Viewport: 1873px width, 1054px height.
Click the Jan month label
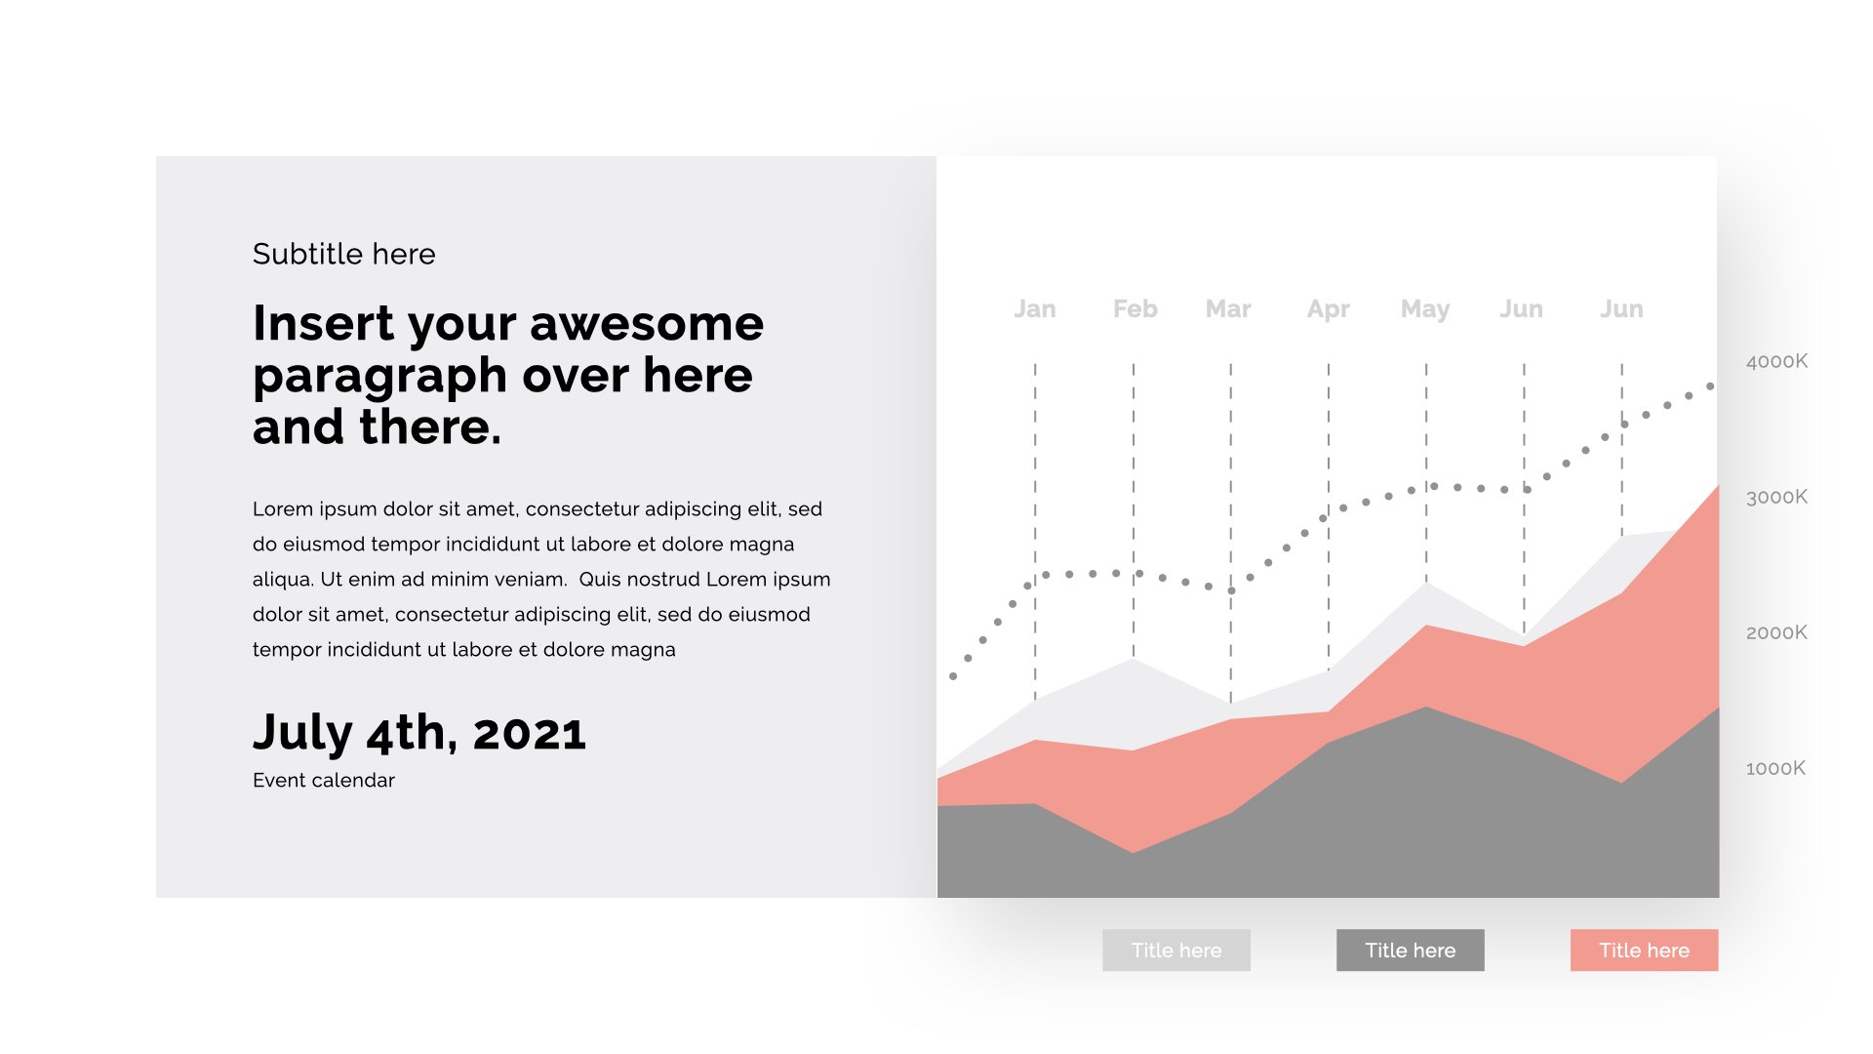point(1034,309)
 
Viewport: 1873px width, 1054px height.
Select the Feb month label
point(1135,309)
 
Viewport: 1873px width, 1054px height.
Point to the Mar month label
point(1228,309)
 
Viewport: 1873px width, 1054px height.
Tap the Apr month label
point(1328,310)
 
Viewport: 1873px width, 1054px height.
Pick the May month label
point(1425,310)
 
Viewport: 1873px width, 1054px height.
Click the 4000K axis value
point(1776,362)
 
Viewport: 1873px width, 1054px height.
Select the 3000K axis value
point(1776,498)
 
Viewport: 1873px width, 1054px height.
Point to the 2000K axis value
point(1776,633)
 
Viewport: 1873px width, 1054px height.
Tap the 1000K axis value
point(1775,769)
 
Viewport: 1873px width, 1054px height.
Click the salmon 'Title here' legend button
point(1645,951)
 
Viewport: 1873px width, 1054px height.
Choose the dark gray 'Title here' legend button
point(1411,951)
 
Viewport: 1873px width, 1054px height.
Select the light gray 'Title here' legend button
point(1176,951)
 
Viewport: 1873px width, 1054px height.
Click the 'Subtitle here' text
point(344,254)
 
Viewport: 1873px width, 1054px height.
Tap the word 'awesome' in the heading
point(647,324)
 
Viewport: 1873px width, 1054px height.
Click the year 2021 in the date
point(530,733)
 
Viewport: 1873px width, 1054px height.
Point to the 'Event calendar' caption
point(324,781)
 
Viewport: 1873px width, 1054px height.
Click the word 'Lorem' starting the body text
point(283,509)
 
